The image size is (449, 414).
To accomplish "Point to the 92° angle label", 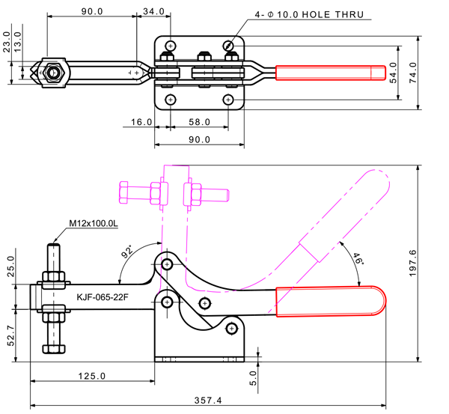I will tap(129, 251).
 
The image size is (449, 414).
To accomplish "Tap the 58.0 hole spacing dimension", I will tap(198, 121).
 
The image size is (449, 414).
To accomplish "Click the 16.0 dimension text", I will tap(141, 121).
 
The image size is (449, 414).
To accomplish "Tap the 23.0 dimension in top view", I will tap(7, 41).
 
